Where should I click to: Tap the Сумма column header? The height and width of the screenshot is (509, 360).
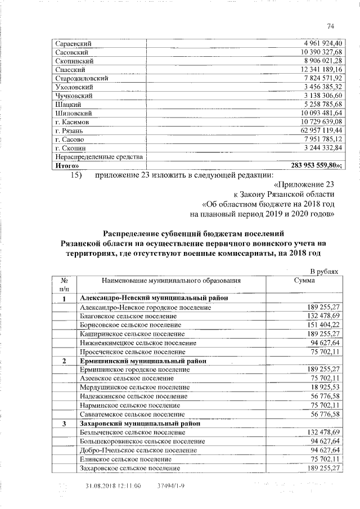pyautogui.click(x=304, y=280)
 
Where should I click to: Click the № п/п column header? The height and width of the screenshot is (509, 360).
pyautogui.click(x=64, y=284)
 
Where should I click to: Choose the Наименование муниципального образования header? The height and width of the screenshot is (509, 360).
pyautogui.click(x=171, y=280)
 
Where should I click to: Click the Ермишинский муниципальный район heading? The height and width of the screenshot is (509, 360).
pyautogui.click(x=143, y=361)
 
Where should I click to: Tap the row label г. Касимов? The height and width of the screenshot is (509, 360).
pyautogui.click(x=72, y=121)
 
